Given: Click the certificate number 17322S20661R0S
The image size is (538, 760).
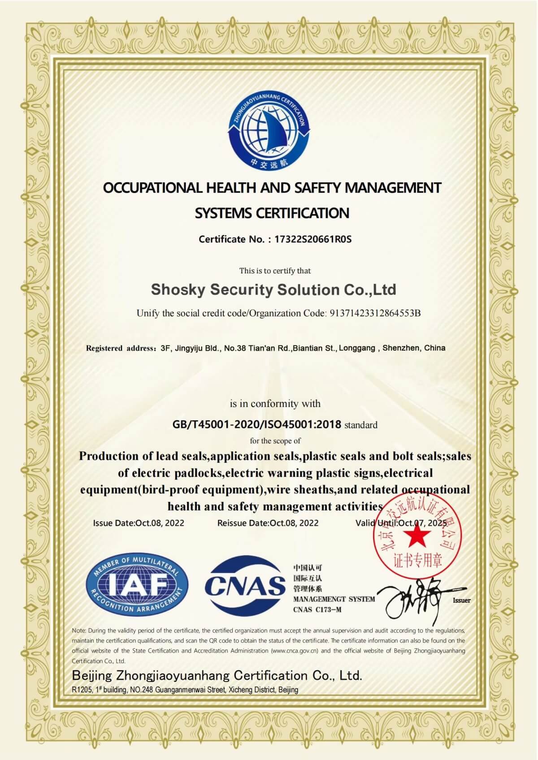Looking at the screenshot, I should (312, 239).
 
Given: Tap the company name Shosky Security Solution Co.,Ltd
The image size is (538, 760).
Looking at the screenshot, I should (273, 290).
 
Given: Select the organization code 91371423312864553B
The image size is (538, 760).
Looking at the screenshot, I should (375, 313).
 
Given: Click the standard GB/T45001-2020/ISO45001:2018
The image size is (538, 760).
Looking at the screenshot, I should (256, 424).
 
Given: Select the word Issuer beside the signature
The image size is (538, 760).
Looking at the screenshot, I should (461, 600).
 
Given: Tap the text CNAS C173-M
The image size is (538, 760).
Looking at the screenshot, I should (317, 609).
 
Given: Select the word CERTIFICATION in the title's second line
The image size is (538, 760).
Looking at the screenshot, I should (302, 213).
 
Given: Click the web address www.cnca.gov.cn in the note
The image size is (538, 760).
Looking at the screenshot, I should (295, 651).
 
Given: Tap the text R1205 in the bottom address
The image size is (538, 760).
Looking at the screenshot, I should (82, 690).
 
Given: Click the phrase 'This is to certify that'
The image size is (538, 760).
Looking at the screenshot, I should (275, 271).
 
